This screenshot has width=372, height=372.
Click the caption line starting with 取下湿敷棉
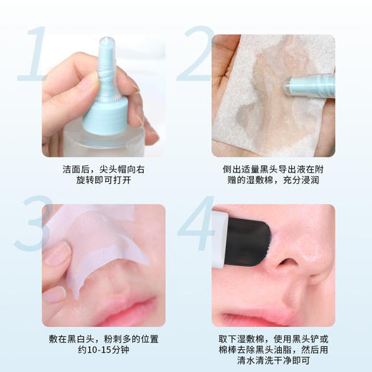click(273, 339)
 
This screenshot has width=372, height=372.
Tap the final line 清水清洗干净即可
click(273, 362)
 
